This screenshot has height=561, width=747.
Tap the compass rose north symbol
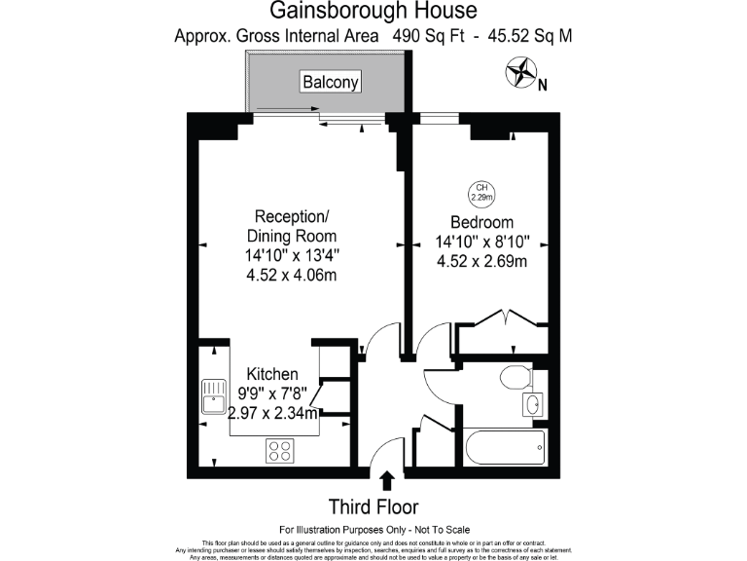522,72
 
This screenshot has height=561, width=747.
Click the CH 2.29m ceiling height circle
479,192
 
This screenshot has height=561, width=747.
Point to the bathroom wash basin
531,403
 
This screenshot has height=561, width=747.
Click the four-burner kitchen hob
280,451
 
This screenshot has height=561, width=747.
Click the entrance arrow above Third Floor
387,480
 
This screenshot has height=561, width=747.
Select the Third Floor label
373,506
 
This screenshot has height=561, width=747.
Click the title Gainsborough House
373,12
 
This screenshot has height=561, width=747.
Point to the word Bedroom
481,222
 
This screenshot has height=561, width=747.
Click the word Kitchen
271,375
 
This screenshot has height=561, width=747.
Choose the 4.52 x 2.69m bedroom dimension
481,261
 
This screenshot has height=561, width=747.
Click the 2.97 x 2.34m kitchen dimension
269,414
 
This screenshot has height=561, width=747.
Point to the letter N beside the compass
543,85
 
